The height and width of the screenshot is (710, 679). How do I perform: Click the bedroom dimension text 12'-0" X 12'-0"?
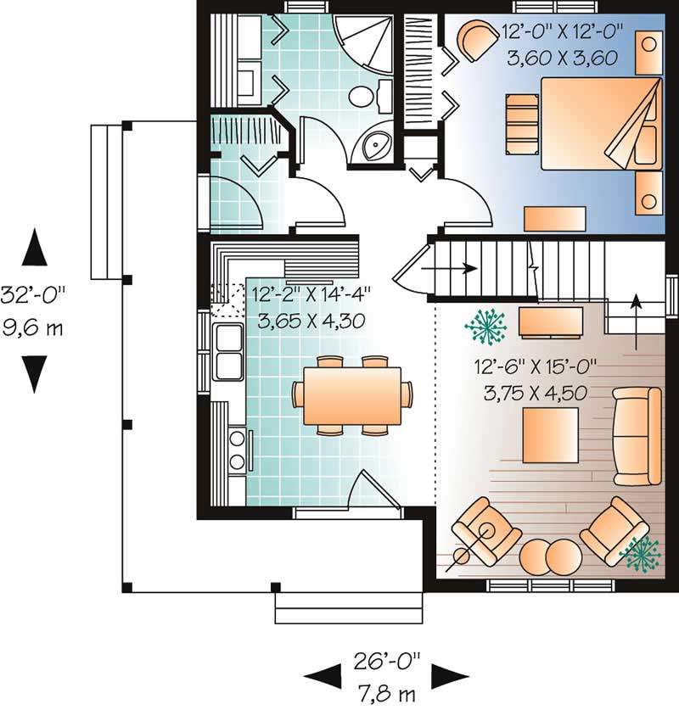(x=563, y=34)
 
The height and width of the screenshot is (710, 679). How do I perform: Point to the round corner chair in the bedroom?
(x=479, y=40)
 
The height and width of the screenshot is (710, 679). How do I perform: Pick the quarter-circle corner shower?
(x=362, y=42)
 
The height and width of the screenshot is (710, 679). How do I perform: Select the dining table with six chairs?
(x=352, y=395)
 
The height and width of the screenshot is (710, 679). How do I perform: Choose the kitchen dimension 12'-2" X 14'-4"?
(x=311, y=294)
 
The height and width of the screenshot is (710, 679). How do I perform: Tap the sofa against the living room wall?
(x=637, y=434)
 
